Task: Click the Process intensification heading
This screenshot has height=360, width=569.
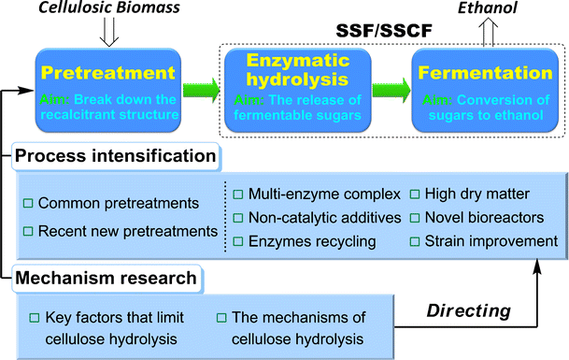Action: [114, 154]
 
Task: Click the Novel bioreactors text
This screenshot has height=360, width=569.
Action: [482, 218]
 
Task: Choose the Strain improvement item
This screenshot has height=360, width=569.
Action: [491, 242]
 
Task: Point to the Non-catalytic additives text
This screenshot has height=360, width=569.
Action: [320, 218]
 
